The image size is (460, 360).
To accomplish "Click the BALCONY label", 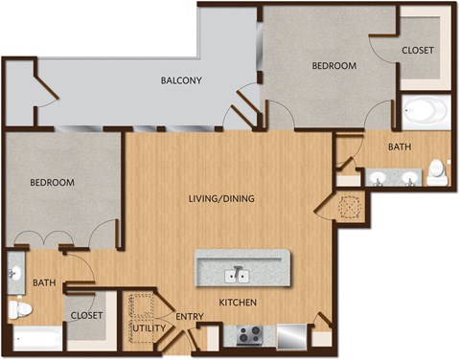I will coord(180,80).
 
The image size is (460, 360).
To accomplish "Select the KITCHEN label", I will coord(237,304).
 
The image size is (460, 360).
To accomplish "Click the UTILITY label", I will coord(149,328).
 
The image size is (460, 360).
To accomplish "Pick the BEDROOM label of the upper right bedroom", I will coord(334,66).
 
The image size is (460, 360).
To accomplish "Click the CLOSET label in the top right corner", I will coord(418,50).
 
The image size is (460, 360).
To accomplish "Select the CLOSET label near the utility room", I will coord(86,314).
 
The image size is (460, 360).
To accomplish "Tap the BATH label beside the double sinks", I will coord(400,146).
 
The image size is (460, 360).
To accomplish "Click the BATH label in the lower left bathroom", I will coord(44,282).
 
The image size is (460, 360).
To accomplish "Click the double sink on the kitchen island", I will coord(237,276).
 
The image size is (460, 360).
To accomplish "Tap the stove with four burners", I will coord(251,335).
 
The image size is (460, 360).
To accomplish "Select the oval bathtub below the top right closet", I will coord(424,113).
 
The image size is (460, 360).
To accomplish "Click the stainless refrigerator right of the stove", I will coord(290,336).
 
